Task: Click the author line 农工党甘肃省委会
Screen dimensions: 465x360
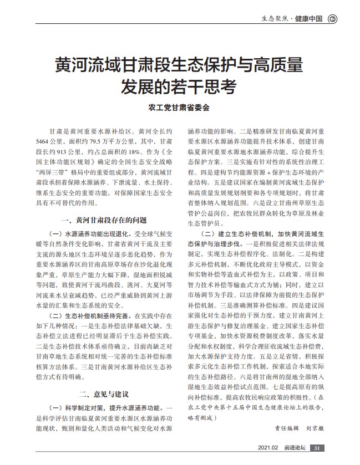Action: [180, 109]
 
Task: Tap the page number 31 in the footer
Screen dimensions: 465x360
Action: [316, 448]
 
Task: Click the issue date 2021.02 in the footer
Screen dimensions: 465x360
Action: [268, 448]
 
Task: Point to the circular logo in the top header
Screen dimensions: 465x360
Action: [332, 18]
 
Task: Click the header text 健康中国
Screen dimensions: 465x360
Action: [311, 18]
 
